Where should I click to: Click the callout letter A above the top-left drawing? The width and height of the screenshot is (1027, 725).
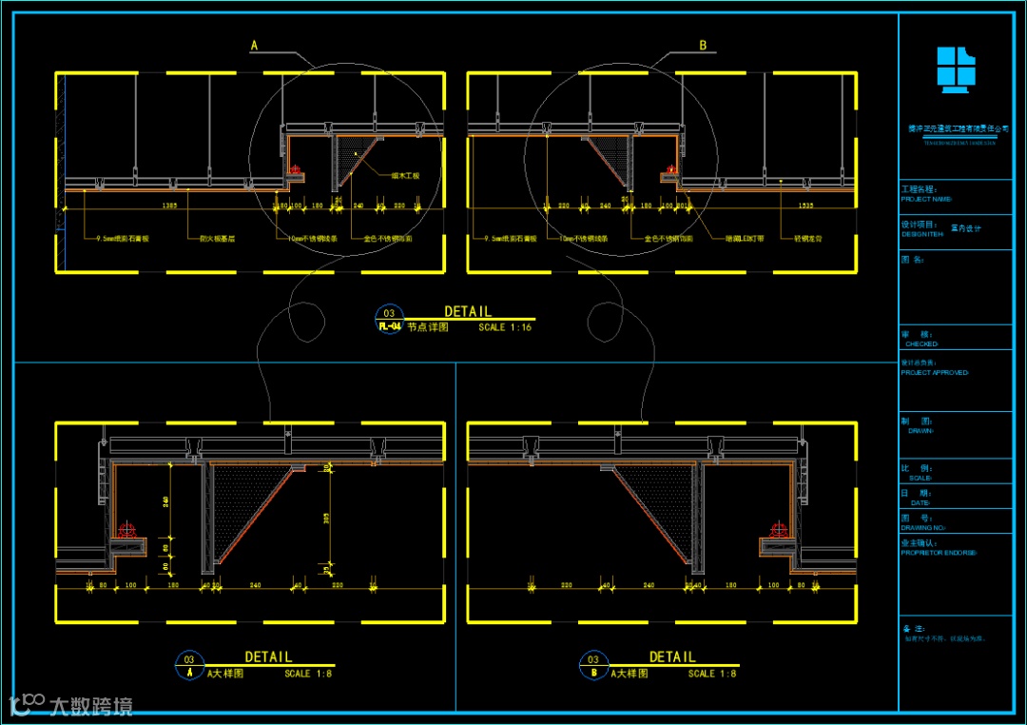(254, 45)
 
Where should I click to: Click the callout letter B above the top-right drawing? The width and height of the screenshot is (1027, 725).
(703, 45)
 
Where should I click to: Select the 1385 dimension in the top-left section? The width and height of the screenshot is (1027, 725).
(169, 205)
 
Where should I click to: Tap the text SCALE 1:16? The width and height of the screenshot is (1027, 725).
(505, 327)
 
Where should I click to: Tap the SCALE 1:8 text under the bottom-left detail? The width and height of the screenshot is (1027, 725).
(310, 674)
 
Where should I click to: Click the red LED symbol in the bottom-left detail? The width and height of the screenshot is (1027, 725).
(127, 529)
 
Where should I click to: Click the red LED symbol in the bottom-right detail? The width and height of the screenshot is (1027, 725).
(779, 529)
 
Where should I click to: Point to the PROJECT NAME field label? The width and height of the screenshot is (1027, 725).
(926, 200)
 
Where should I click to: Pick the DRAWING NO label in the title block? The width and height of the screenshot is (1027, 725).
(927, 527)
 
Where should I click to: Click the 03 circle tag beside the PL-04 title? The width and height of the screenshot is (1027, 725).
(388, 313)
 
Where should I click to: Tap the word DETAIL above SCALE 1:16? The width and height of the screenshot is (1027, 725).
(468, 311)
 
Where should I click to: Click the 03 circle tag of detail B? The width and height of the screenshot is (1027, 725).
(593, 659)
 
